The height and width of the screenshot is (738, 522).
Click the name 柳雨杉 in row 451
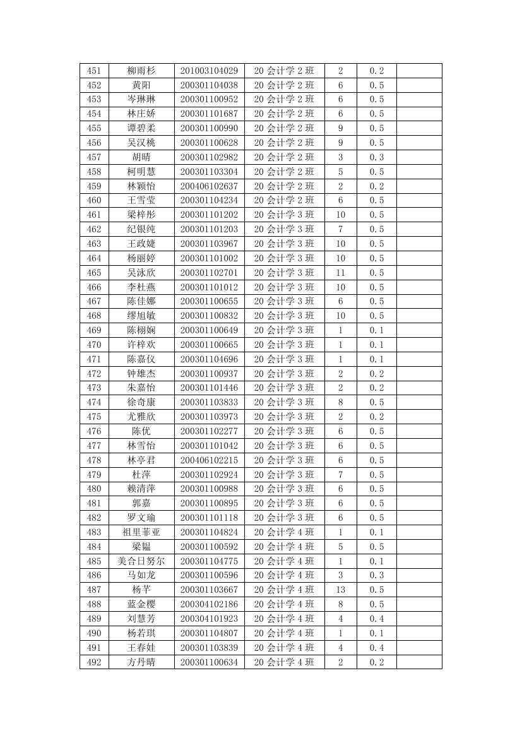click(141, 71)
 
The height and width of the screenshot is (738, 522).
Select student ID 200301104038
click(209, 85)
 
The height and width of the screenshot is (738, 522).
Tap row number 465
click(94, 273)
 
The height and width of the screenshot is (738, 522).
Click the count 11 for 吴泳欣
click(340, 273)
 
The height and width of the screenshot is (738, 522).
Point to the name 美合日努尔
click(141, 561)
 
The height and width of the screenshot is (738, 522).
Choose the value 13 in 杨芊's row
click(340, 590)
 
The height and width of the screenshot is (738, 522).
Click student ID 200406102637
click(209, 186)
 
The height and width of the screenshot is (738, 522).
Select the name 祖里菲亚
click(141, 532)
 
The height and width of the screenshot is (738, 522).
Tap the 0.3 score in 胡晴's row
click(376, 157)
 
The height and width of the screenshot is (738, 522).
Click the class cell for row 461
click(284, 215)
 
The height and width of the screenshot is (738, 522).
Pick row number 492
click(94, 662)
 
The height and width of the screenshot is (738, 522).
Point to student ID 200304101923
click(209, 619)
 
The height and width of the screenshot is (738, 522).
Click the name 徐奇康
click(141, 402)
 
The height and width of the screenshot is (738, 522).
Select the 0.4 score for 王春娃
click(376, 648)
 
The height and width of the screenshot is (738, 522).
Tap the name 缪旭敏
click(141, 316)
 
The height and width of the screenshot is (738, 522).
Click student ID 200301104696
click(209, 359)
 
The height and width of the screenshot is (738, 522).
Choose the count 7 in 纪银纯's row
click(340, 229)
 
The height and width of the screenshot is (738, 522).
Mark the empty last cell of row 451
click(418, 71)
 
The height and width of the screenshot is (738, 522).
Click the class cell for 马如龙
click(284, 575)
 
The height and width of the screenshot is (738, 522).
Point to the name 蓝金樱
click(141, 604)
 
